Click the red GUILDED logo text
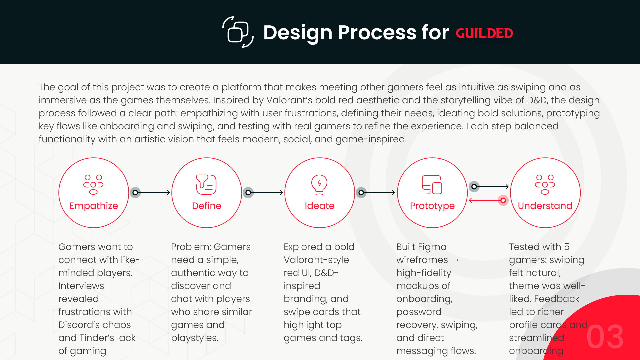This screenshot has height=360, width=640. point(484,33)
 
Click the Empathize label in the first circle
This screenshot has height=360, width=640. point(94,206)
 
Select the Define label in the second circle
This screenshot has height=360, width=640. point(207,206)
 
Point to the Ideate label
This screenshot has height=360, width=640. point(319,206)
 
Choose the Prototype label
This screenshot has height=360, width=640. point(432,206)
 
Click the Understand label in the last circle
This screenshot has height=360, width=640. point(545,206)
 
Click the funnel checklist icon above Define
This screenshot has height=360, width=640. point(206,184)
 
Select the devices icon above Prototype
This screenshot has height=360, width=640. point(432,184)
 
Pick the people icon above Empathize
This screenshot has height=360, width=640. point(93,184)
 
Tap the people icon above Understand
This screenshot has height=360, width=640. point(545,184)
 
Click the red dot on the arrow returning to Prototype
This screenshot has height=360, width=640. point(503,200)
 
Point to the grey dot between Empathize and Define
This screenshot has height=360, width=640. point(135,193)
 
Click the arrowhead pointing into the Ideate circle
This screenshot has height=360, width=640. point(281,193)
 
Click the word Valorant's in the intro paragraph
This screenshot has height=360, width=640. point(289,100)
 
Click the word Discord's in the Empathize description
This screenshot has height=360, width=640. point(95,325)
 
